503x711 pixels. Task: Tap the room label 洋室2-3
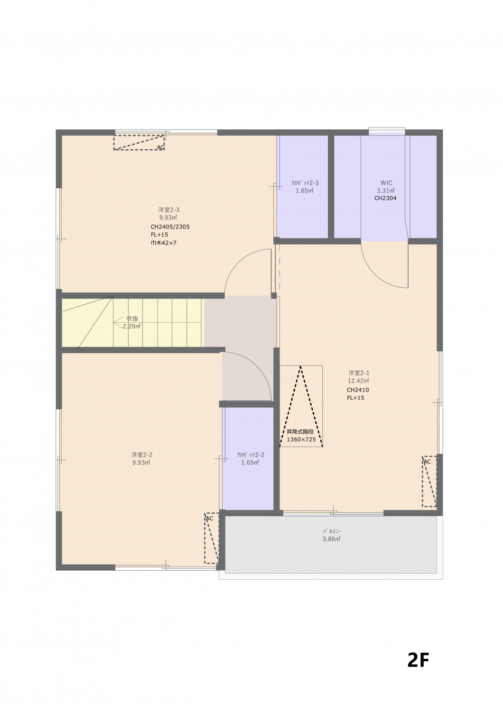(x=169, y=210)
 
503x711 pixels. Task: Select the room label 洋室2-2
(x=142, y=455)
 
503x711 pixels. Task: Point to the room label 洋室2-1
(x=359, y=373)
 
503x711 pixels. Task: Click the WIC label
(x=386, y=183)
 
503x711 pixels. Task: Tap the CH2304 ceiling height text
(x=385, y=199)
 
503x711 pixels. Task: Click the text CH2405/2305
(x=170, y=227)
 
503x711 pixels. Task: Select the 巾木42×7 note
(x=163, y=243)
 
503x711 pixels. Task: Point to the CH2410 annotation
(x=358, y=390)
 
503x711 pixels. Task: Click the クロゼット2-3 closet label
(x=305, y=183)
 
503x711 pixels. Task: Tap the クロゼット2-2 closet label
(x=251, y=455)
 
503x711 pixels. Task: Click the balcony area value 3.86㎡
(x=331, y=539)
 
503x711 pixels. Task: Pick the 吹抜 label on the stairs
(x=132, y=319)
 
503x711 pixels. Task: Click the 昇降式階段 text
(x=300, y=432)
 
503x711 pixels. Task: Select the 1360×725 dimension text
(x=301, y=439)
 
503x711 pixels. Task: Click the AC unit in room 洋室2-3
(x=139, y=142)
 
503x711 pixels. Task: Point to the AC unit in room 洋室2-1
(x=429, y=481)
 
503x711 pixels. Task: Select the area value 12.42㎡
(x=358, y=381)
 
